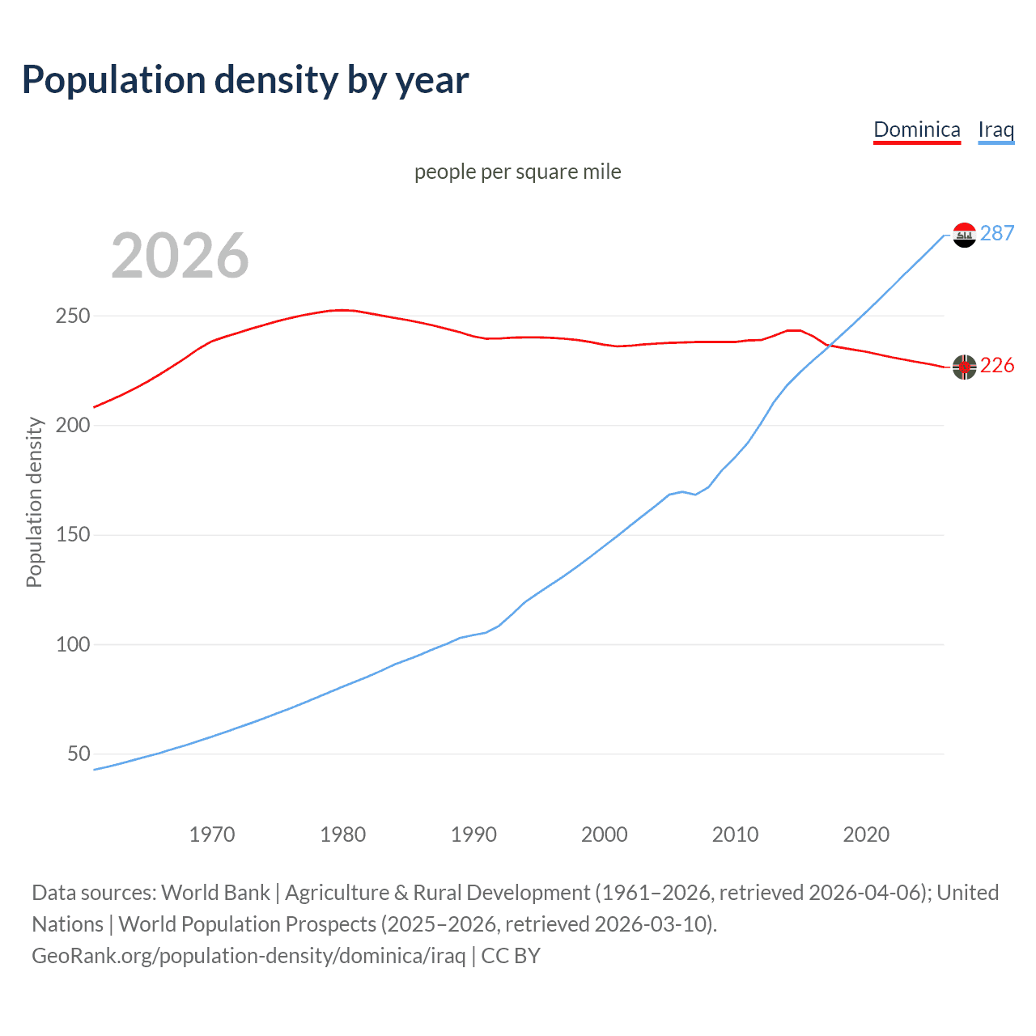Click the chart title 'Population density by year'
pos(245,80)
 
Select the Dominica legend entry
pos(916,129)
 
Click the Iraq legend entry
pos(996,129)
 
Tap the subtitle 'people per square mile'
pos(517,172)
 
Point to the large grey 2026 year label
pos(180,256)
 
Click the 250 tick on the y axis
pos(72,316)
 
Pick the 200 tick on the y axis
pos(72,425)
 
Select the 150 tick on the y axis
pos(72,535)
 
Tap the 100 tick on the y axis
pos(72,644)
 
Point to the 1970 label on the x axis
pos(212,834)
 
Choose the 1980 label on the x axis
pos(342,834)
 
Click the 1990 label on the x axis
pos(473,834)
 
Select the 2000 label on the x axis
pos(605,834)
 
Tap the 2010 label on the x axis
pos(735,834)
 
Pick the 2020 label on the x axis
pos(866,834)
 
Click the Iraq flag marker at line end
pos(964,235)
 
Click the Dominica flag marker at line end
pos(964,367)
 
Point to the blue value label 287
pos(996,233)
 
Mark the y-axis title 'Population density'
pos(34,502)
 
